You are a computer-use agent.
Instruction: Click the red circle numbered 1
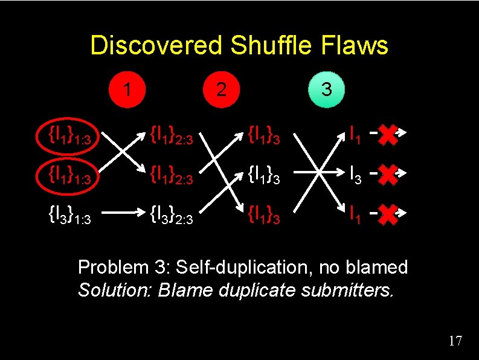[x=127, y=89]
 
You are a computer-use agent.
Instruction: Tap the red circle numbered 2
[x=222, y=89]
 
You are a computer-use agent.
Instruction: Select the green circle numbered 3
[x=326, y=89]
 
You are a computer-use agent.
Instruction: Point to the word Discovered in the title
[x=155, y=45]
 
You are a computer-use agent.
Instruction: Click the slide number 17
[x=455, y=341]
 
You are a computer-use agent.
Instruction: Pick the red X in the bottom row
[x=390, y=213]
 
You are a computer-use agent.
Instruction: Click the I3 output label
[x=356, y=176]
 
